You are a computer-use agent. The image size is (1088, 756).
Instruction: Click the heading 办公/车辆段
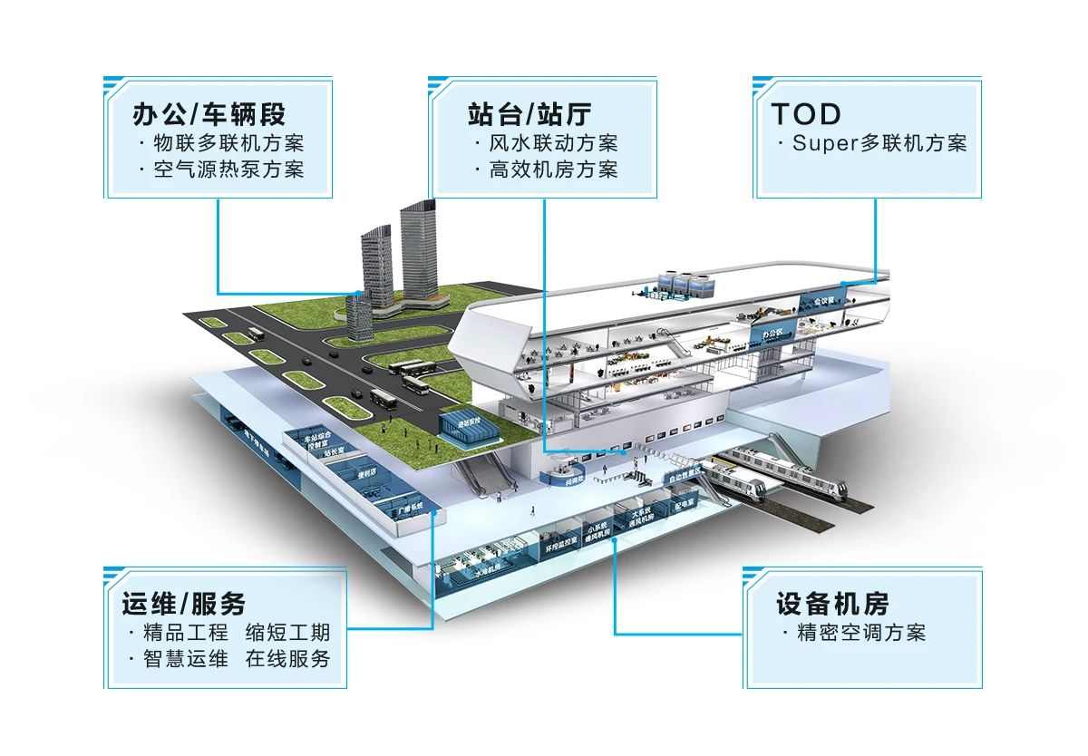209,114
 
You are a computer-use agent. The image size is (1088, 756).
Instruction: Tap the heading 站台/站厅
530,114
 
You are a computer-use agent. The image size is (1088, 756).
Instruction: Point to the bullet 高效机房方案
553,170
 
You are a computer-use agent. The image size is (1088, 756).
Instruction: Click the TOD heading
806,114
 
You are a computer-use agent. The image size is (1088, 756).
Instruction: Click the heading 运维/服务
184,604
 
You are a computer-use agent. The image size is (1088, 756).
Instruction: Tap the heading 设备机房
832,604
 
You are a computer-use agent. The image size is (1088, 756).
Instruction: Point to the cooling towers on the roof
684,282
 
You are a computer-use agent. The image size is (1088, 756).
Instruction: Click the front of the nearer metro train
830,489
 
